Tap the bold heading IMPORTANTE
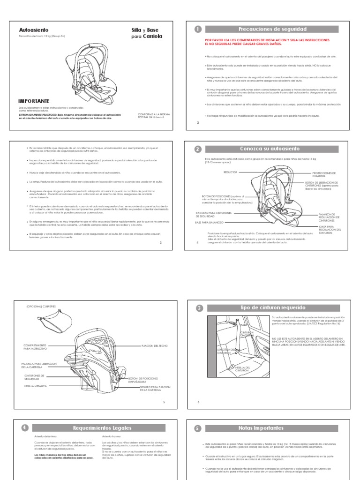click(33, 101)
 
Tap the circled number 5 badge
click(198, 428)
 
